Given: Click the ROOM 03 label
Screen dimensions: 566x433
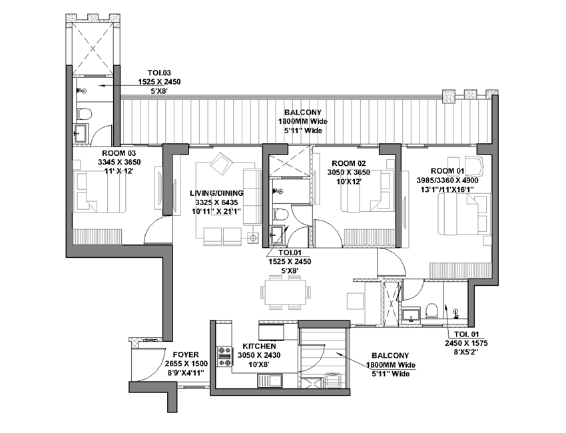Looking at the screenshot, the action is (119, 153).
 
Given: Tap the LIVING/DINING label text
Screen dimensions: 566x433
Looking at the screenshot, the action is (216, 193).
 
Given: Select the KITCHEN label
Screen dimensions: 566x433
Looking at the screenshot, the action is (259, 346).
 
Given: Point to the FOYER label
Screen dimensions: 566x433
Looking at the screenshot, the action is (186, 354).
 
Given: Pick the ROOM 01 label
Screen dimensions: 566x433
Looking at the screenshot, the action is (447, 171).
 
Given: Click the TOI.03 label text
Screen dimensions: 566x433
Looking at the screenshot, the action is (159, 73).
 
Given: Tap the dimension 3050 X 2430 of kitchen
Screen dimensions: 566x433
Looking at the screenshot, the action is (259, 355).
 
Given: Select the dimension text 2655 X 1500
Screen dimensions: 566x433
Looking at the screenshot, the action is (186, 364).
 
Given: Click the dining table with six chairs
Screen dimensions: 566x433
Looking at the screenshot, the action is (285, 292).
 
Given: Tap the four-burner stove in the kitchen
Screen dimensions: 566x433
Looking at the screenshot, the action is (224, 356).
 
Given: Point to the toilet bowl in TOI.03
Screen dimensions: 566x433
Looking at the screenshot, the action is (85, 113).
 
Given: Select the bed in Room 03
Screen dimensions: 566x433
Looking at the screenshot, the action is (99, 192).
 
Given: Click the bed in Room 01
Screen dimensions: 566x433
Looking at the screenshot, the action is (465, 214).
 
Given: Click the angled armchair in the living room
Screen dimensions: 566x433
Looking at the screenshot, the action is (221, 164).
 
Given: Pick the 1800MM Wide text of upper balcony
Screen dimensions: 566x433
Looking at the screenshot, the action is (302, 121).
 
